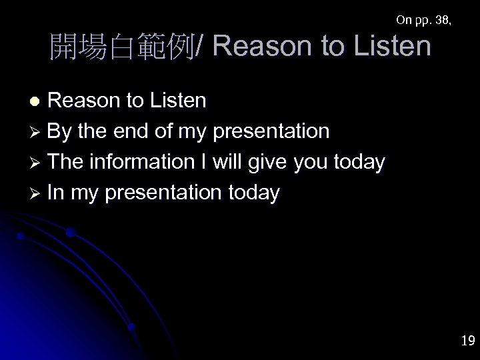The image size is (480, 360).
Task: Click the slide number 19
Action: tap(467, 341)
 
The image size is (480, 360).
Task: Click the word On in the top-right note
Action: tap(403, 20)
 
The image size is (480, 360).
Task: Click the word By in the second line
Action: tap(60, 131)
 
